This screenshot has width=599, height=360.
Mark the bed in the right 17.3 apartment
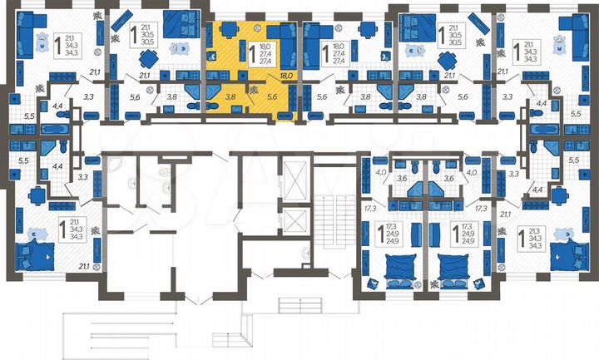(456, 267)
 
